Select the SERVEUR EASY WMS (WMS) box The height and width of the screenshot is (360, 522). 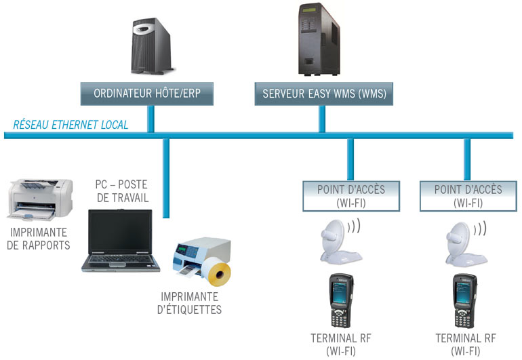tap(324, 93)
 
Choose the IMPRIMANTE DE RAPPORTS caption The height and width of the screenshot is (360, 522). tap(39, 239)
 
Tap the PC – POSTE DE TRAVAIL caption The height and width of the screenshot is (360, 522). tap(122, 191)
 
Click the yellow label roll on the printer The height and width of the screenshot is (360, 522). tap(218, 271)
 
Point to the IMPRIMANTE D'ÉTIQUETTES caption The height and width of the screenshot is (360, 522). tap(190, 304)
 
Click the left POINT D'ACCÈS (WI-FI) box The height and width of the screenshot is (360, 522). tap(350, 195)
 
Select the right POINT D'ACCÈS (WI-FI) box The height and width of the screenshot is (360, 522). tap(468, 195)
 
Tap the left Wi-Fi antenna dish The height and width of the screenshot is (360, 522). tap(338, 241)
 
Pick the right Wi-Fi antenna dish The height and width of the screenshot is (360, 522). tap(464, 241)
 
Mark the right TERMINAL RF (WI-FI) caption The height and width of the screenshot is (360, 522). tap(466, 344)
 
